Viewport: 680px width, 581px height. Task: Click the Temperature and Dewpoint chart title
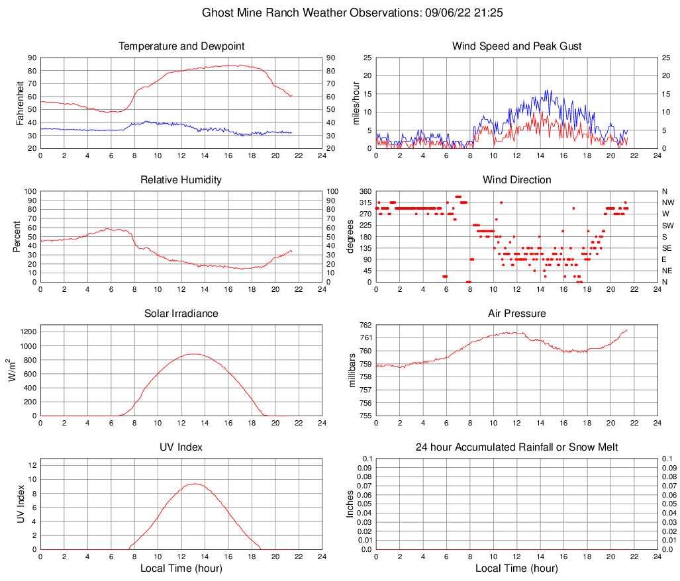[181, 46]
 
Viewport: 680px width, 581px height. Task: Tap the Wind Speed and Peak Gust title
[516, 46]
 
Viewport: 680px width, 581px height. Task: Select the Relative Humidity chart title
[181, 180]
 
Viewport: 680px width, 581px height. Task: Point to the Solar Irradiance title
[181, 314]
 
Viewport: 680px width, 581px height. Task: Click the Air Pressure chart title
[516, 314]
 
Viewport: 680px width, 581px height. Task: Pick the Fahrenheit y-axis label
[21, 103]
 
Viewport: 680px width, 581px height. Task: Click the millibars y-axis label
[353, 371]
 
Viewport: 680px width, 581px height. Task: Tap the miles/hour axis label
[356, 103]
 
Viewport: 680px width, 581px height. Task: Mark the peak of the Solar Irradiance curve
[193, 354]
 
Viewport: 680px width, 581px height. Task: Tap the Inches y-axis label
[351, 504]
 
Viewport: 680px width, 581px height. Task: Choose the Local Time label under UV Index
[181, 568]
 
